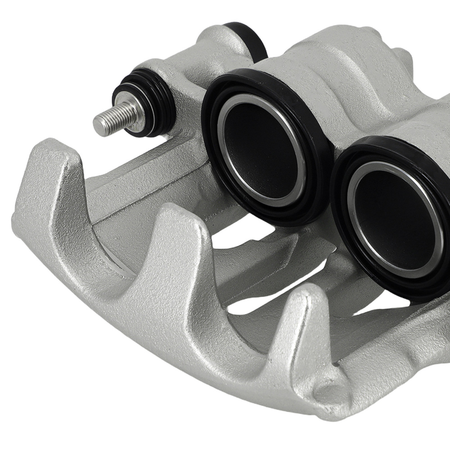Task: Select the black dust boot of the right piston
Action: pyautogui.click(x=342, y=225)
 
